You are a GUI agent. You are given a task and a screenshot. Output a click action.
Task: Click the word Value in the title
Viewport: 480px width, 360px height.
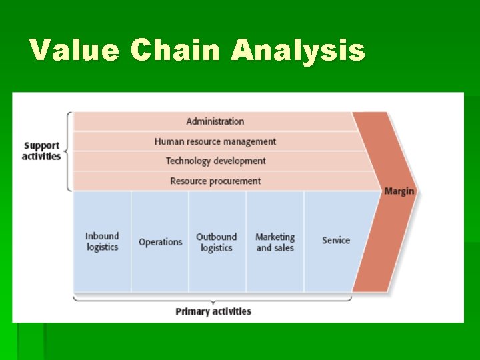(74, 50)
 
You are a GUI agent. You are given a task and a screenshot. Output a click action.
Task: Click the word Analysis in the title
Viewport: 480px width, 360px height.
(298, 50)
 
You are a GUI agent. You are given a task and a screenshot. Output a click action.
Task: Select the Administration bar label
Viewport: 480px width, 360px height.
(215, 121)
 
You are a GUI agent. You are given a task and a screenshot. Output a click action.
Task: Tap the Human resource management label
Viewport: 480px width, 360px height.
(215, 141)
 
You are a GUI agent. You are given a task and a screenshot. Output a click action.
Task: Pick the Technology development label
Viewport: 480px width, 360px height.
(215, 161)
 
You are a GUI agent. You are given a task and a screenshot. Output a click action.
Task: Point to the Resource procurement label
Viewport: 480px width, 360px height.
(215, 181)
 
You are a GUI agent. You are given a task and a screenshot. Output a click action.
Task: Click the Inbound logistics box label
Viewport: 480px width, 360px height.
(102, 241)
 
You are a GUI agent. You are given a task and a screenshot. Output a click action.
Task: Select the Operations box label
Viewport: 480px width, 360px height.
(160, 242)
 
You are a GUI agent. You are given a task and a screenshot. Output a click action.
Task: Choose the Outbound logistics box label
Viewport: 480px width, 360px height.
(216, 242)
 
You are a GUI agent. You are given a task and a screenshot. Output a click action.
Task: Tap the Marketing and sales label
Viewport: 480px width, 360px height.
(275, 242)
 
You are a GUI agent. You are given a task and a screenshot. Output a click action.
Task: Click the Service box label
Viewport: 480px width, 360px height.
(335, 240)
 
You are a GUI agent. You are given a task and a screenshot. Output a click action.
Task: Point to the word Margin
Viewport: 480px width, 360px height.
(399, 191)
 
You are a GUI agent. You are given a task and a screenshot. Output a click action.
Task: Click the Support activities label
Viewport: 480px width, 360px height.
(41, 151)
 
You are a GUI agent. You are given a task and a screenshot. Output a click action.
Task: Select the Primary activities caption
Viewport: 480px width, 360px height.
(213, 311)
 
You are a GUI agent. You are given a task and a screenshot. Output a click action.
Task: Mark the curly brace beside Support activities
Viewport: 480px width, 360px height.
(68, 151)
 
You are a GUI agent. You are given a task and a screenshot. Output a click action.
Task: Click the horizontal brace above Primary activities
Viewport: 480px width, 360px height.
(213, 299)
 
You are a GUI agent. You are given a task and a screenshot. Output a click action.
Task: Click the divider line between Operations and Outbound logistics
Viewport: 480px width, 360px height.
(189, 241)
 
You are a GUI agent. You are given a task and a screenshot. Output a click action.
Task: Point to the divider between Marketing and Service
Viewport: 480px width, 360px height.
(304, 241)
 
